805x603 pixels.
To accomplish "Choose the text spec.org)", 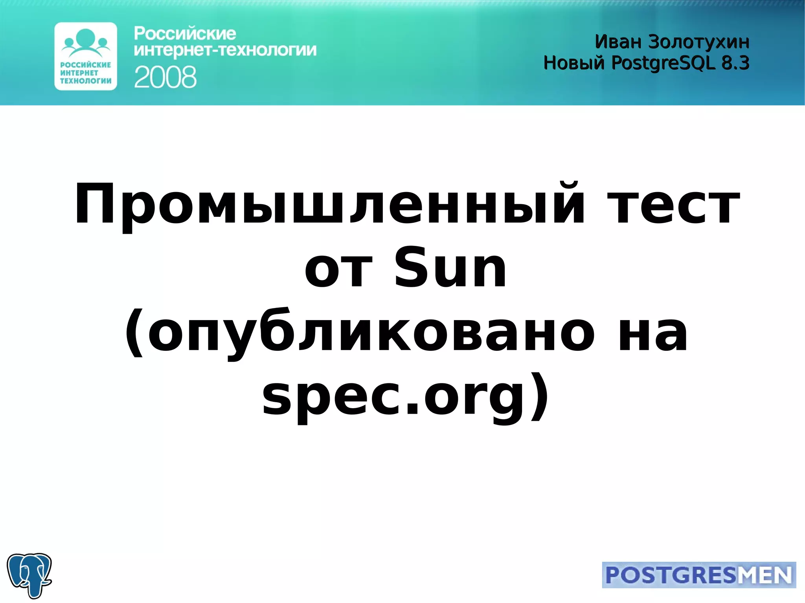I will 405,397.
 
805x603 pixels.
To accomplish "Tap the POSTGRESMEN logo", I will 698,575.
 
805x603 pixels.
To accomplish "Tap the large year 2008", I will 165,77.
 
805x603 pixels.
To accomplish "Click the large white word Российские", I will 185,34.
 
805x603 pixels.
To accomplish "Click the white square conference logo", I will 86,56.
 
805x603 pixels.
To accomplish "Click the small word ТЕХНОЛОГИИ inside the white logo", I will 86,81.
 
